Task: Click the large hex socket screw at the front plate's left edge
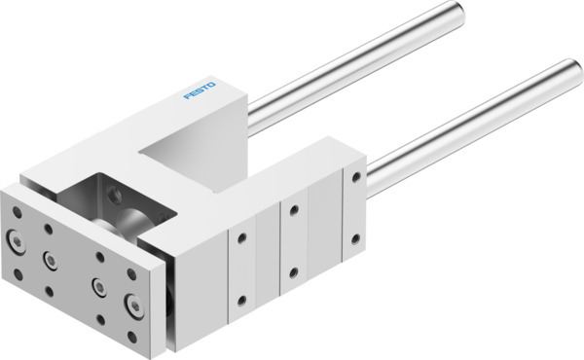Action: click(x=17, y=239)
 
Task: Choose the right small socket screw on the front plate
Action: click(x=98, y=286)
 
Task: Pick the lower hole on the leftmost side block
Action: click(x=239, y=298)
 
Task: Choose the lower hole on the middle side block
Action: click(x=293, y=271)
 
